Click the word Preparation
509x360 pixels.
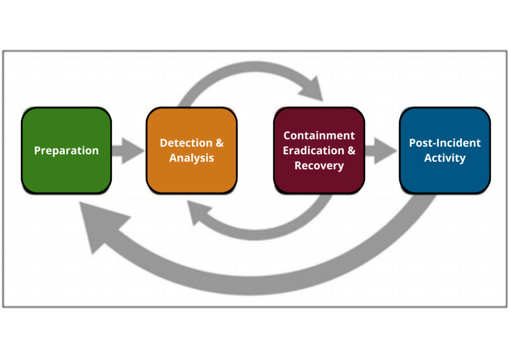(66, 151)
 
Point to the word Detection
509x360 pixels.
(179, 143)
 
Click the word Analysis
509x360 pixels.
(191, 158)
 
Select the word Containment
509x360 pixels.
(319, 136)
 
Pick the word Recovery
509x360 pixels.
(319, 166)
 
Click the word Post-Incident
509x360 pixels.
(444, 143)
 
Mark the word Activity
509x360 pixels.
(444, 158)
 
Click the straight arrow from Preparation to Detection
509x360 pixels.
(128, 150)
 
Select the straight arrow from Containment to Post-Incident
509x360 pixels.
(381, 150)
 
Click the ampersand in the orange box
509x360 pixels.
(219, 143)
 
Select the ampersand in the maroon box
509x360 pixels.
(351, 151)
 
